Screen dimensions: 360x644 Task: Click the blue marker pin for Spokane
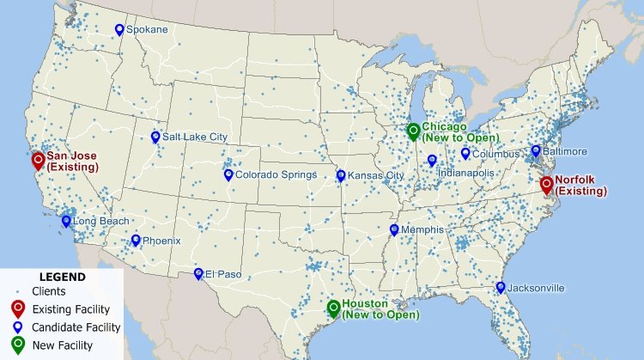click(x=119, y=29)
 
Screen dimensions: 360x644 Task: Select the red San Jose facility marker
click(x=38, y=160)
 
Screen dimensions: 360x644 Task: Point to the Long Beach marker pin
click(x=66, y=221)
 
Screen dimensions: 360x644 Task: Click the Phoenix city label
click(x=161, y=241)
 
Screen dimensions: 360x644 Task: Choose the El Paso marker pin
click(x=198, y=273)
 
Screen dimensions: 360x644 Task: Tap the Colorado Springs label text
click(x=276, y=174)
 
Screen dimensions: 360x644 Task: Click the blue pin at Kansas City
click(x=341, y=175)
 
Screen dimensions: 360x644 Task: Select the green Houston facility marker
click(x=333, y=308)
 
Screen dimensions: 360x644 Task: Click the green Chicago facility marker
click(x=413, y=131)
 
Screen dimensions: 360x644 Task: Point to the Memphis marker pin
click(x=394, y=229)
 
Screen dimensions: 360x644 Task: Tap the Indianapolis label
click(x=466, y=173)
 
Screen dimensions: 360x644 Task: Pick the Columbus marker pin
click(x=465, y=153)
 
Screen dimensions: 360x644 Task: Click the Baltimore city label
click(x=565, y=152)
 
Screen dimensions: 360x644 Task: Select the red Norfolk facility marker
click(x=547, y=183)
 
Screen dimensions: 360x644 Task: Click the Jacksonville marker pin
click(x=501, y=287)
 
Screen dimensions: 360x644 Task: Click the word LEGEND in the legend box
click(x=63, y=278)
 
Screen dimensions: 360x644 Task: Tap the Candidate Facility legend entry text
click(x=76, y=327)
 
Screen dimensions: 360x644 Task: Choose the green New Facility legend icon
click(x=17, y=345)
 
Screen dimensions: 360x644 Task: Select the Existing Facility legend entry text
click(x=71, y=309)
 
